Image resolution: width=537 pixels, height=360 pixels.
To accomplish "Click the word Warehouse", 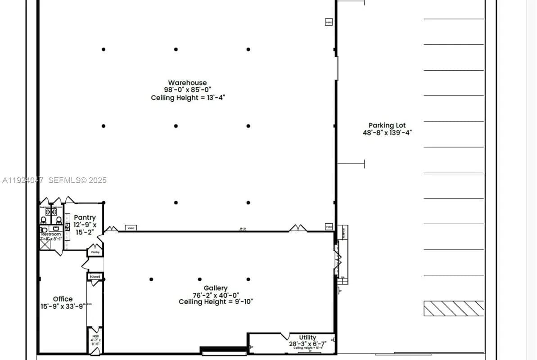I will click(187, 83).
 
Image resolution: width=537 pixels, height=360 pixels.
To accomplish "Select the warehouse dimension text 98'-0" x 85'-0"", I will click(187, 90).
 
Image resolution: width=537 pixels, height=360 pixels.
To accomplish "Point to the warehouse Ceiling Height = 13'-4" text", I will click(187, 98).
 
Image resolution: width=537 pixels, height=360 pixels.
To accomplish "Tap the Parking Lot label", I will click(387, 126).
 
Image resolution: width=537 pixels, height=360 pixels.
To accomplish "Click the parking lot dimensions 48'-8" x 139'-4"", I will click(387, 133).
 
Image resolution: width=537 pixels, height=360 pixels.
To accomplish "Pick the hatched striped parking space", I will click(454, 308).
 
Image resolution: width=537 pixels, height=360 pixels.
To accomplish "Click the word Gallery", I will click(216, 288).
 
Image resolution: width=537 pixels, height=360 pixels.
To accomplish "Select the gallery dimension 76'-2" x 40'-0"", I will click(216, 295).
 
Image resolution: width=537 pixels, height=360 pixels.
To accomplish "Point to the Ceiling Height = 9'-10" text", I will click(216, 302).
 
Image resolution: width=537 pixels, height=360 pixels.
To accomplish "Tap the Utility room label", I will click(307, 337).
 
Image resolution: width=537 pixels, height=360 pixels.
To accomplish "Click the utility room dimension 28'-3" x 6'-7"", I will click(307, 344).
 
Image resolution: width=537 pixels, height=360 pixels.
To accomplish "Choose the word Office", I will click(63, 299).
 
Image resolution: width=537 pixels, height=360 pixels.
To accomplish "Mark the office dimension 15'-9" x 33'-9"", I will click(62, 306).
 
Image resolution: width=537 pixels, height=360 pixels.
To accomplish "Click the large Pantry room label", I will click(85, 217).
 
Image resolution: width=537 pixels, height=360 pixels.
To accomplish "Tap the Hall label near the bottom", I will click(95, 336).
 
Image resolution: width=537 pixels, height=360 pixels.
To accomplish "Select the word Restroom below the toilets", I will click(51, 234).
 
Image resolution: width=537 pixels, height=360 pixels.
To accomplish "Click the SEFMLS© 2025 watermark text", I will click(77, 180).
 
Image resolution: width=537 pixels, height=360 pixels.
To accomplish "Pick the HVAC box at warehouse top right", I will click(329, 22).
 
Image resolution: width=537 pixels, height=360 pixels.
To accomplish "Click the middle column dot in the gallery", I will click(200, 279).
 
